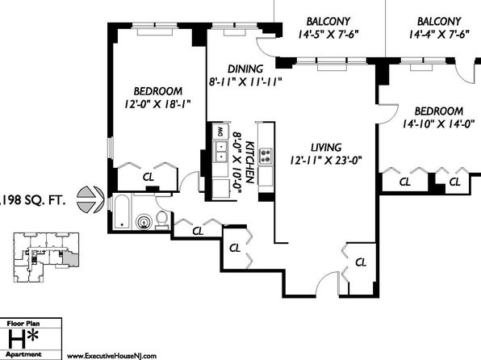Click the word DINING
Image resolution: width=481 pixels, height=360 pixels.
[245, 69]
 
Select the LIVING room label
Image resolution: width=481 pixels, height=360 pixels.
[326, 148]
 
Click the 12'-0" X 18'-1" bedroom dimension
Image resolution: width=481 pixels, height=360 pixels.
[157, 104]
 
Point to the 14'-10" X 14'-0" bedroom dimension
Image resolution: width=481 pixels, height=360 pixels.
[439, 123]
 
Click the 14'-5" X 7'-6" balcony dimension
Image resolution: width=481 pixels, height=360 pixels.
[328, 34]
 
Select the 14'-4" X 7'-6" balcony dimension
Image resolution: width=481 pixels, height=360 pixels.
[439, 34]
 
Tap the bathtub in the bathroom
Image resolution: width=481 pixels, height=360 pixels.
[122, 212]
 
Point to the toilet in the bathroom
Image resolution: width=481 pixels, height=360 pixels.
[161, 220]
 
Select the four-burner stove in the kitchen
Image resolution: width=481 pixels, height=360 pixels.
[266, 156]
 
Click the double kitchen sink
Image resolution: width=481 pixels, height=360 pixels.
[220, 152]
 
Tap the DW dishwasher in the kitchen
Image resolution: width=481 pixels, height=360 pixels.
[220, 132]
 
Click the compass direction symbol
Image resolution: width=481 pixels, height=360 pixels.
[90, 199]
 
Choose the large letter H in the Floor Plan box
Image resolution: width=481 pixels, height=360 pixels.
[17, 340]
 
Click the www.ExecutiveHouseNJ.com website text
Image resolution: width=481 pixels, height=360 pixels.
[111, 356]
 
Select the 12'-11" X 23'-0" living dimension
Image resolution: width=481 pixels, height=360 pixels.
[326, 160]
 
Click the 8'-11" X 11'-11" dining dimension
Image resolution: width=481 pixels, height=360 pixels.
[245, 82]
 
